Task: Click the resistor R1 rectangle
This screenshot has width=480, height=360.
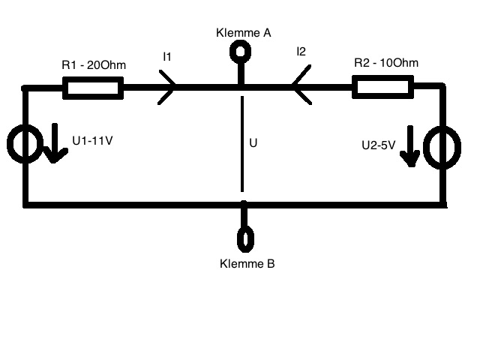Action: coord(93,78)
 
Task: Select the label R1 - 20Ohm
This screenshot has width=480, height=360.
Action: coord(94,65)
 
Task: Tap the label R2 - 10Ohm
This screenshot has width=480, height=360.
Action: coord(386,63)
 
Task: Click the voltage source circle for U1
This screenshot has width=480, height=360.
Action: coord(8,144)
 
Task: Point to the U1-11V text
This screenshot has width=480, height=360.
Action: coord(92,140)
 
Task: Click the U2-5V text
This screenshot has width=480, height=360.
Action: coord(378,145)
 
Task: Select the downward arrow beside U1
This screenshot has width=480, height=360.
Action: coord(55,143)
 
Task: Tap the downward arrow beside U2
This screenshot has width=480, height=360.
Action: coord(410,146)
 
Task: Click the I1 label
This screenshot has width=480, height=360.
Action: coord(167,57)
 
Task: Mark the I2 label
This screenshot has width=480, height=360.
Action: coord(301,52)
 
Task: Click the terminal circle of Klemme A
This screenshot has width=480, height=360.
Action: coord(241,43)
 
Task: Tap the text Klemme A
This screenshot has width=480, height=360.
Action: coord(244,33)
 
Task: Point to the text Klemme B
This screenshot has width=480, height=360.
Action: coord(247,263)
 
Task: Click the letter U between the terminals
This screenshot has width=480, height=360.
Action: coord(253,143)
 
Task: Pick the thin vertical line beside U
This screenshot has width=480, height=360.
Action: coord(242,144)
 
